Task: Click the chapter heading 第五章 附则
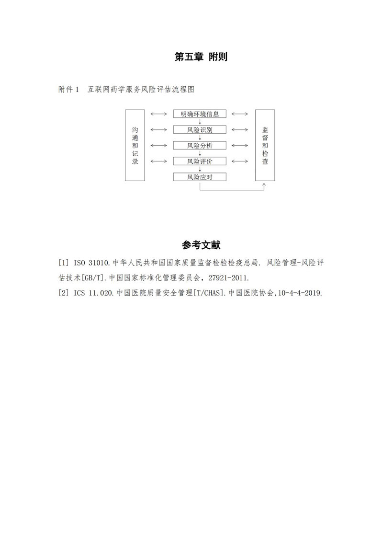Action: click(201, 57)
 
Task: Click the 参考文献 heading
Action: click(201, 245)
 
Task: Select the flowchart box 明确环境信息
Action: click(200, 114)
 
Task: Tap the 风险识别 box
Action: click(200, 129)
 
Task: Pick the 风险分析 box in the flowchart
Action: click(200, 146)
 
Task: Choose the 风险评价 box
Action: click(200, 161)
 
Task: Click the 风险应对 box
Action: click(200, 177)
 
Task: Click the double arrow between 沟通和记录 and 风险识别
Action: click(159, 129)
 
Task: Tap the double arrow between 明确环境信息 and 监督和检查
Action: click(240, 114)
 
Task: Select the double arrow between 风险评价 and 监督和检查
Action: click(240, 161)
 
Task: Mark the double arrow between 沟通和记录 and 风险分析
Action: click(159, 146)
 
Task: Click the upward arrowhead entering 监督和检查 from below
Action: click(264, 185)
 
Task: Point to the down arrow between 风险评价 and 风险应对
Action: click(200, 169)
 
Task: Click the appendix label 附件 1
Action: click(69, 90)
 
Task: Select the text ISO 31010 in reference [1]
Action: click(92, 263)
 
